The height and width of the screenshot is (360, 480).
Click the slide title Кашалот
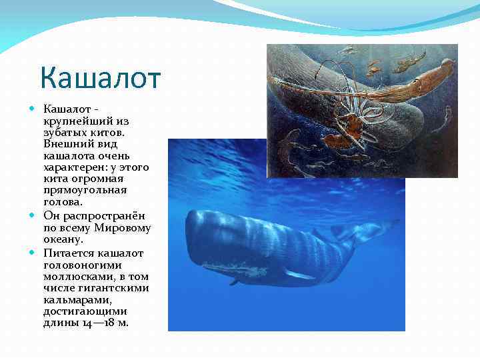coord(100,78)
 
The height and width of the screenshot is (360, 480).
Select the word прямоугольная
coord(85,190)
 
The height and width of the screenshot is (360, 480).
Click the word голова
coord(63,201)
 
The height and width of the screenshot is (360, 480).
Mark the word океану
coord(63,239)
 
